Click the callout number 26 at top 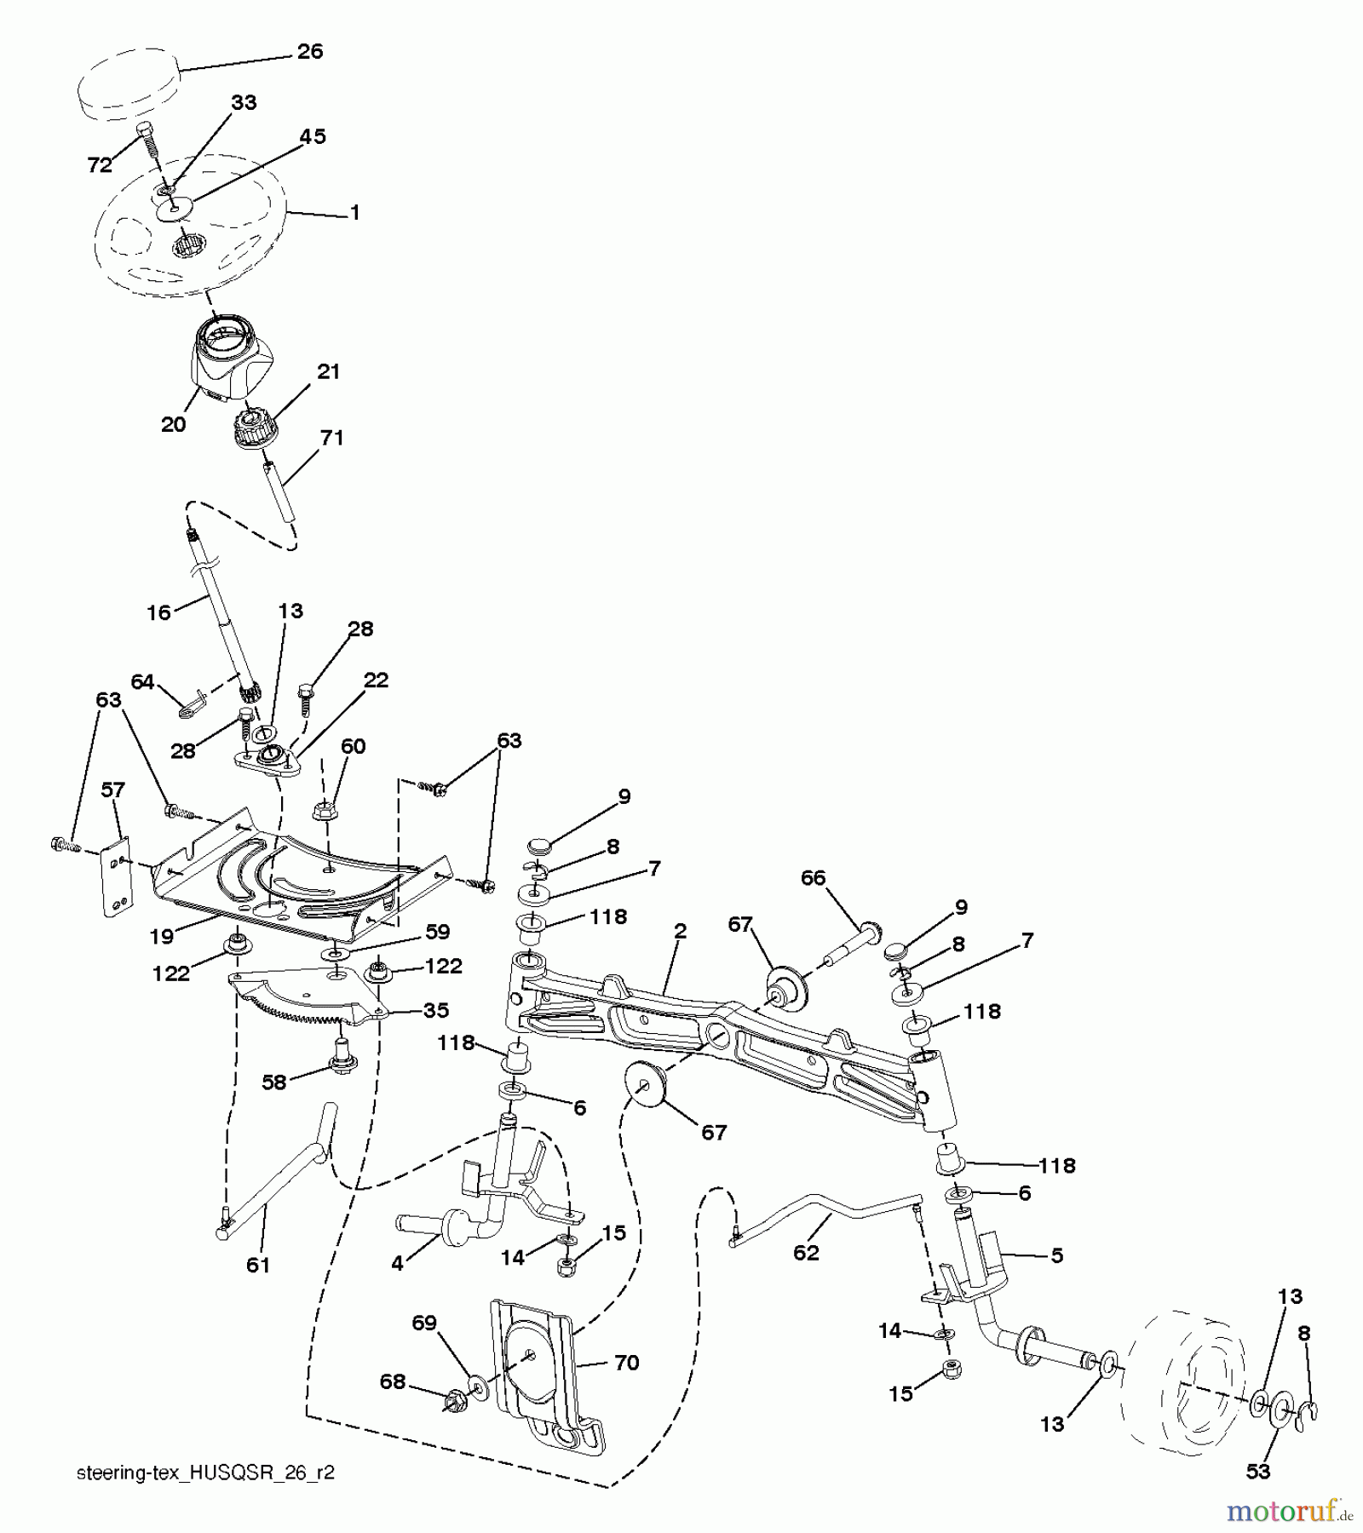point(310,52)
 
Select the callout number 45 point(313,136)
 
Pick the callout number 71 point(331,438)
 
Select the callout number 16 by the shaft point(158,611)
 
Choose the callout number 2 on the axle point(679,931)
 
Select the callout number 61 point(257,1265)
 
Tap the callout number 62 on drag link point(806,1253)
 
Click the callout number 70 point(626,1363)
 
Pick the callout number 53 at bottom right point(1258,1471)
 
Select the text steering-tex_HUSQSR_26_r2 point(205,1473)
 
